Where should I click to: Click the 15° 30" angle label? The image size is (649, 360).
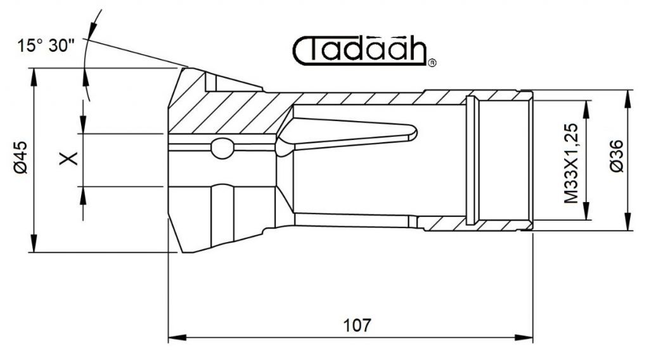point(46,45)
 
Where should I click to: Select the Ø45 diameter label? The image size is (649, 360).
point(20,157)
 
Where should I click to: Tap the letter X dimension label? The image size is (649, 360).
point(68,158)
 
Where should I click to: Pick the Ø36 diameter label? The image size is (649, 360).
point(617,156)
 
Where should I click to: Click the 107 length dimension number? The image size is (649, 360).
point(357,325)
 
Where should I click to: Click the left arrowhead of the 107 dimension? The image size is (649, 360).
point(177,338)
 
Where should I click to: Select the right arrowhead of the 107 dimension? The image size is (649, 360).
point(524,338)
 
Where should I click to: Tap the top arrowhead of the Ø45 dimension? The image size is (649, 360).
point(34,77)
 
